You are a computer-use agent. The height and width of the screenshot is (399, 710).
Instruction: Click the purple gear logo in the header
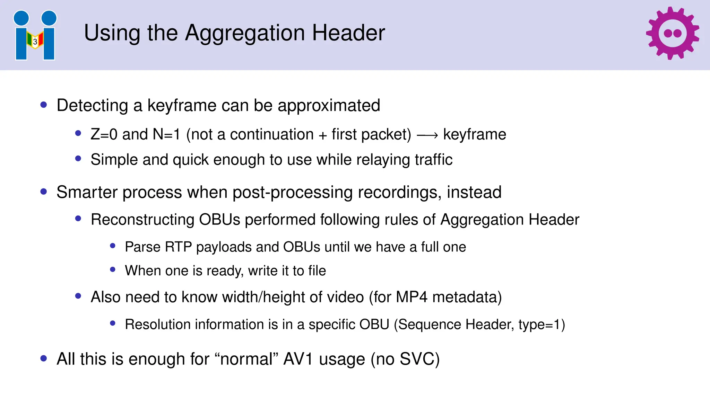[672, 33]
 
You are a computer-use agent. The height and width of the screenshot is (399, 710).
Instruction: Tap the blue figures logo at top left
[35, 35]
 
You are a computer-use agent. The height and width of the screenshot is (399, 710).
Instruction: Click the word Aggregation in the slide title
[245, 33]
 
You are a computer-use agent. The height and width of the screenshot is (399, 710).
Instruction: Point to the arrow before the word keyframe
[427, 135]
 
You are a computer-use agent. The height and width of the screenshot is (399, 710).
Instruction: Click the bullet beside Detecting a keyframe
[44, 105]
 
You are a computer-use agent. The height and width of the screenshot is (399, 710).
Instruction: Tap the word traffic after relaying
[433, 160]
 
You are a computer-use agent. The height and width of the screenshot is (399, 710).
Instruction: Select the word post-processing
[292, 193]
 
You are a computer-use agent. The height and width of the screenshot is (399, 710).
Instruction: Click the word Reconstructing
[142, 220]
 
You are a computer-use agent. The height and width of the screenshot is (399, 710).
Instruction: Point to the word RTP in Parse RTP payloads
[178, 247]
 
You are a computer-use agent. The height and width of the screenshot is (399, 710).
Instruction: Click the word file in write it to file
[317, 271]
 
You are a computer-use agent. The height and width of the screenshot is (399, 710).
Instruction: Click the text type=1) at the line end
[542, 325]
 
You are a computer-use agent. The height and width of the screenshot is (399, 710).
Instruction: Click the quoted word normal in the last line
[246, 359]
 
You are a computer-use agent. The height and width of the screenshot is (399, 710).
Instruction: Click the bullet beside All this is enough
[44, 358]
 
